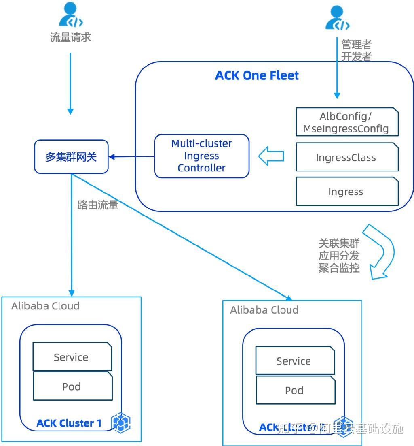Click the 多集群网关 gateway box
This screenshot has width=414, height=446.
coord(71,157)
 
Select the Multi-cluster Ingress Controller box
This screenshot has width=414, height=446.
coord(202,156)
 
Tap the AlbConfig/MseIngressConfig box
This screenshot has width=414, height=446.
coord(347,123)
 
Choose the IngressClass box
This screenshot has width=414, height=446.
coord(347,158)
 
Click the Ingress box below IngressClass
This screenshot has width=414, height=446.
coord(347,192)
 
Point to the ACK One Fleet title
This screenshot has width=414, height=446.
coord(257,76)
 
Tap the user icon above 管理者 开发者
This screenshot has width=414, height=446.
coord(337,19)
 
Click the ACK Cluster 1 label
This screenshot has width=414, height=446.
coord(69,423)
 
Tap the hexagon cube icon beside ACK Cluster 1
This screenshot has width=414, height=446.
coord(120,423)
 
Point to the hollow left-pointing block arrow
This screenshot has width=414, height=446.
coord(270,156)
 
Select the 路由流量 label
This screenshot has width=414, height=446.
coord(97,205)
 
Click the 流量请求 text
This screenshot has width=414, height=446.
coord(70,38)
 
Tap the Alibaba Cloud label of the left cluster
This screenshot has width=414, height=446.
coord(45,306)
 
